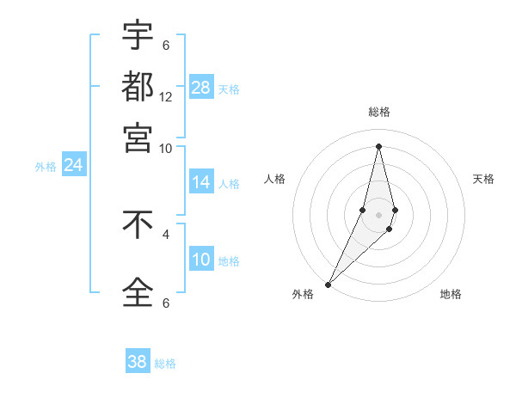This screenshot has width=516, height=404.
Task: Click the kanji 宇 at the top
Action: coord(138,35)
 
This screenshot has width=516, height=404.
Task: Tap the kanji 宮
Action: coord(138,137)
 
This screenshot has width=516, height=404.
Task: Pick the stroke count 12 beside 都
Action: coord(166,96)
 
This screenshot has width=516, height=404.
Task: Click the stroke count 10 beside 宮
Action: coord(166,148)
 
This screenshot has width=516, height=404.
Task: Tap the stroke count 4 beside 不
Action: coord(166,233)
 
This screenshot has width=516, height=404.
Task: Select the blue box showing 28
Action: coord(201,87)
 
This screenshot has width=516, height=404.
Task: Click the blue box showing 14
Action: coord(201,182)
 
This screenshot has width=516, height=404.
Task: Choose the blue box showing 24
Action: coord(73,164)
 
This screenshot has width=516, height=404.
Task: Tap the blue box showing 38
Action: coord(138,362)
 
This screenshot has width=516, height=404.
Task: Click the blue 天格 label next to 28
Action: coord(229,89)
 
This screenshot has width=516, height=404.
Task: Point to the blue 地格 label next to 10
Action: coord(229,261)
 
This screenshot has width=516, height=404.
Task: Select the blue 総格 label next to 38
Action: coord(165,364)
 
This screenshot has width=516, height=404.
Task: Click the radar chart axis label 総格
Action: coord(378,112)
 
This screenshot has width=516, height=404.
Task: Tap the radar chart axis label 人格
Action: coord(275,179)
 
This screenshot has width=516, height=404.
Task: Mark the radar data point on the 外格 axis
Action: coord(328,284)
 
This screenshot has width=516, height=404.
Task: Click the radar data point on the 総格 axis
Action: coord(378,146)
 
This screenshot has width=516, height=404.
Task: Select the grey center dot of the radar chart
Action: coord(378,212)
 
